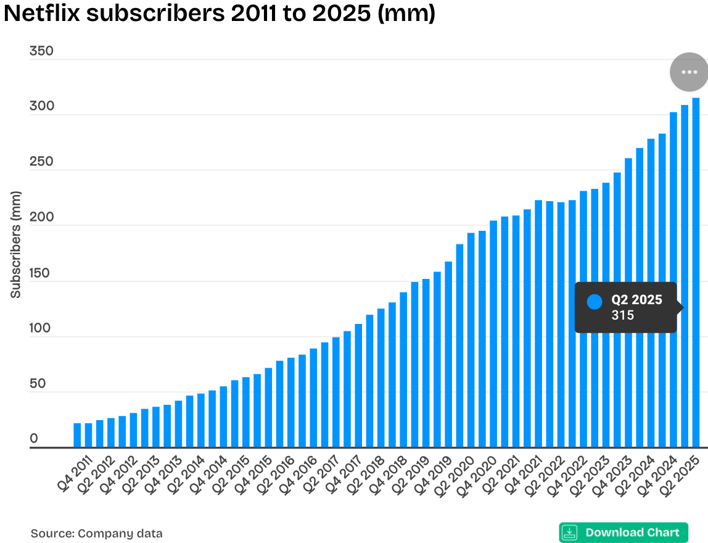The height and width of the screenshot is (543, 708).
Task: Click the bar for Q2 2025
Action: click(696, 271)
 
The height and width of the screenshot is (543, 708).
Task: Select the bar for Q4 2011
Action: click(77, 434)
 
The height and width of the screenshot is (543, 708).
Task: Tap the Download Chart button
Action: click(624, 533)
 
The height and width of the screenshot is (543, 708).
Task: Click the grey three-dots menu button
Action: click(688, 72)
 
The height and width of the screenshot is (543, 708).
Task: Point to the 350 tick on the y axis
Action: click(42, 51)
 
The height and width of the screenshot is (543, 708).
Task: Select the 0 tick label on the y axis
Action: click(34, 439)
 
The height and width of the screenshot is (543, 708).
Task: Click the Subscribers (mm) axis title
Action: click(15, 244)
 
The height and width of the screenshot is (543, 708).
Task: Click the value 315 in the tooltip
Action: click(623, 315)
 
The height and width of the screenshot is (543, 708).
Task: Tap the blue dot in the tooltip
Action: click(595, 302)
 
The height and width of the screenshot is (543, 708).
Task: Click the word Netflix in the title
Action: click(41, 14)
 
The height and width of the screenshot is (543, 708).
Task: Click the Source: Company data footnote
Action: click(97, 533)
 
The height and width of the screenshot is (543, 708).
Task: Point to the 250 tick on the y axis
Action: click(42, 162)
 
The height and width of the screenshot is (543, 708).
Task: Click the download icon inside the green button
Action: click(570, 533)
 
